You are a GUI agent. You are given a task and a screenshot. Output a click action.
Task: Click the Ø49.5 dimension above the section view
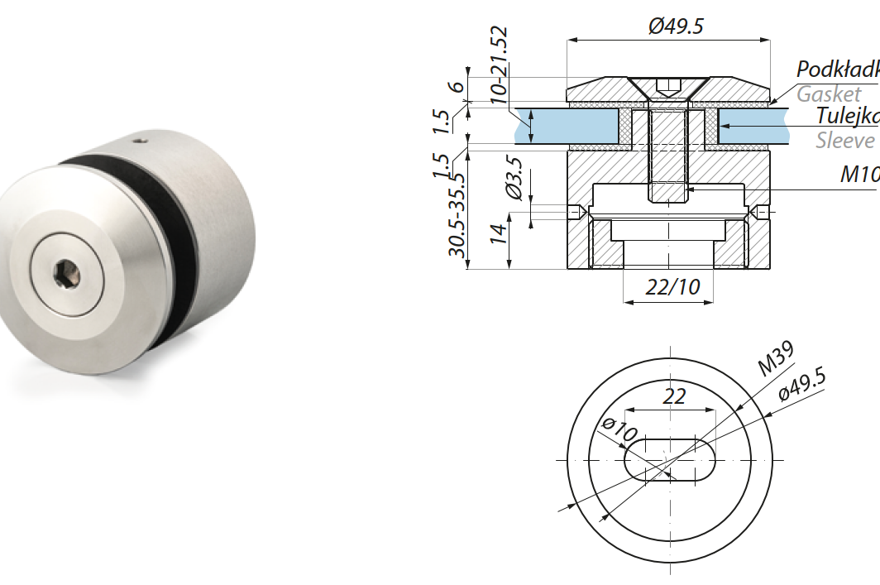pos(676,26)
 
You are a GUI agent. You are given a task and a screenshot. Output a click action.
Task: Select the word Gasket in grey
pos(828,94)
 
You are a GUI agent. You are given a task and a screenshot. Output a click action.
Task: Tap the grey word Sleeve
pos(844,140)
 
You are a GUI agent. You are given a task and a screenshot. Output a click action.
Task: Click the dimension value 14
pos(497,234)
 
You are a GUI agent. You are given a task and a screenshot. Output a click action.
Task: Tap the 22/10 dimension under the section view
pos(667,287)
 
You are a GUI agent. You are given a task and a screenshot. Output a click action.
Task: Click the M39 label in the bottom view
pos(777,357)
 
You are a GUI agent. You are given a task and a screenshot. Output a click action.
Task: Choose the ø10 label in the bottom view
pos(619,430)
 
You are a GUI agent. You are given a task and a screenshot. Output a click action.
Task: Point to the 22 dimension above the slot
pos(674,396)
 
